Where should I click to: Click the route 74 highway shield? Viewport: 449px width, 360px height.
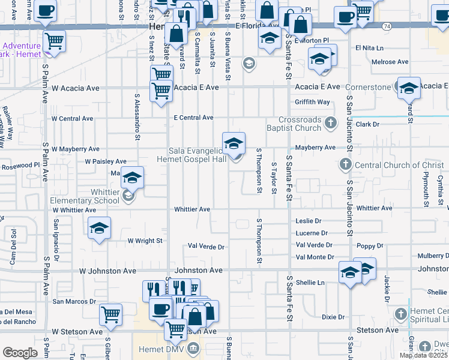pos(387,26)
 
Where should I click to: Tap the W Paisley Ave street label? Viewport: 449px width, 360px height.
pos(106,161)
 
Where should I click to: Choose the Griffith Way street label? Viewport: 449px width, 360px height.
pos(313,102)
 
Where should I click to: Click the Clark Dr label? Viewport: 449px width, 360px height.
pos(368,124)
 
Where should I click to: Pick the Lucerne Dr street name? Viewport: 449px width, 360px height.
pos(312,233)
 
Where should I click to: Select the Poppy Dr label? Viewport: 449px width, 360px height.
pos(370,246)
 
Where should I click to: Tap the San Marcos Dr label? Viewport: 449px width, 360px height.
pos(74,301)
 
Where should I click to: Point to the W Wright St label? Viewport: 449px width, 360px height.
pos(145,241)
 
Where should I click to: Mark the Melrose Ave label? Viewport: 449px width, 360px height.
pos(390,62)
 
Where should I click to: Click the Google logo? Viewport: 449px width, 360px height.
pos(19,353)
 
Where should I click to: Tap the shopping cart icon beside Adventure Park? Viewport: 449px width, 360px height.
pos(54,41)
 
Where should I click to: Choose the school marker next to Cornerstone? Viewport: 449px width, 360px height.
pos(409,88)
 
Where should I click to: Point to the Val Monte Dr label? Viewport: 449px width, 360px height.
pos(315,257)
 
